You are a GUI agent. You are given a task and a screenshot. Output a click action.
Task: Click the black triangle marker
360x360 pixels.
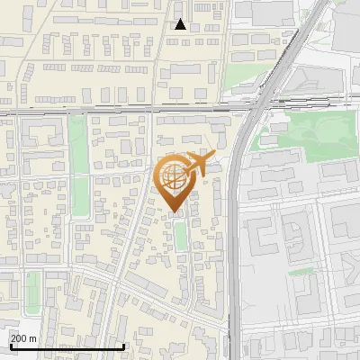(x=180, y=24)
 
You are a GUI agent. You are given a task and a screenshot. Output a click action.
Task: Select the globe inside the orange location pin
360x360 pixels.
(x=173, y=178)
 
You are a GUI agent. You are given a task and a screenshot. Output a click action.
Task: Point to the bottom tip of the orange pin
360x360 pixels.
(x=173, y=212)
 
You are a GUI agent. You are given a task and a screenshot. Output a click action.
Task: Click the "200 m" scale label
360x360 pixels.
(x=23, y=338)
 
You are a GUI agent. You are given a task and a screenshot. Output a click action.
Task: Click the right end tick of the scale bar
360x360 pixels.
(x=123, y=345)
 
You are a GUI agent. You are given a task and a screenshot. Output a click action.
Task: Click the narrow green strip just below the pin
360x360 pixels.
(x=181, y=236)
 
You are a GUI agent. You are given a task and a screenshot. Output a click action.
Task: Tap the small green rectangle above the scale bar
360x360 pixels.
(x=33, y=292)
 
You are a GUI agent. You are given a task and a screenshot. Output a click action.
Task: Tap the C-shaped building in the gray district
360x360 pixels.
(x=266, y=236)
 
